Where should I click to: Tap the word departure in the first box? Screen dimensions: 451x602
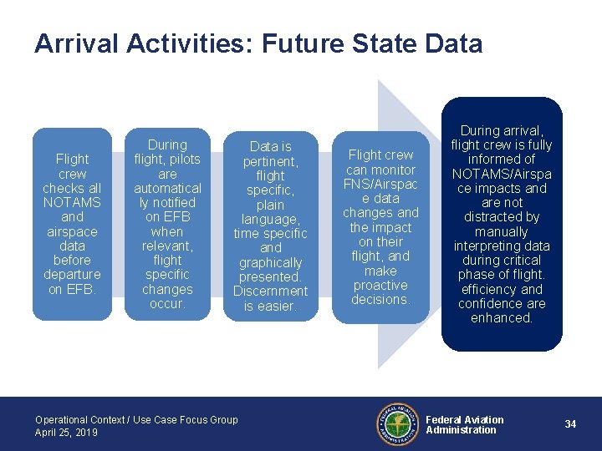click(x=72, y=275)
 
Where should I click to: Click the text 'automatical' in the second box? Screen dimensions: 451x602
click(x=167, y=188)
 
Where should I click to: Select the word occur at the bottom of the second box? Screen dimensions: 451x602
click(x=166, y=304)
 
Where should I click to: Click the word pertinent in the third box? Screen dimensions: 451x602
click(x=269, y=161)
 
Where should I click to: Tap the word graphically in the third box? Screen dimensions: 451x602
click(x=270, y=262)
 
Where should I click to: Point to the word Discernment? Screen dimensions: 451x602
click(x=270, y=291)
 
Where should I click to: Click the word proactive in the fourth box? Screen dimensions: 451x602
click(x=380, y=285)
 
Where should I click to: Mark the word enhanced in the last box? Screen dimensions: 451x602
click(x=502, y=317)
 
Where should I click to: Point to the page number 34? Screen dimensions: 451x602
click(x=570, y=424)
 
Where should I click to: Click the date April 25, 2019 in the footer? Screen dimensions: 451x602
click(x=66, y=433)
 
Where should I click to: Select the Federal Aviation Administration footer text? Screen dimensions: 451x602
click(x=464, y=425)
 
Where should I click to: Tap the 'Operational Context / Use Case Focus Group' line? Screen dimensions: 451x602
click(x=136, y=419)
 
